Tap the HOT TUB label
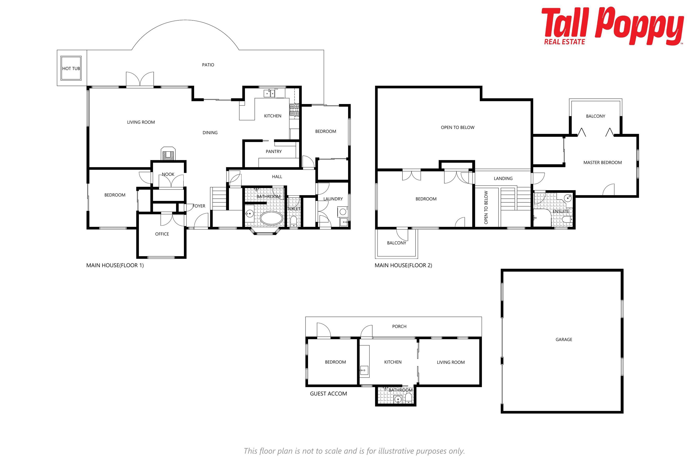pyautogui.click(x=71, y=68)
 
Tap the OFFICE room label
pyautogui.click(x=162, y=234)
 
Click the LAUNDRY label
pyautogui.click(x=333, y=199)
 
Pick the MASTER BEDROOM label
pyautogui.click(x=602, y=162)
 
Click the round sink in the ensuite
pyautogui.click(x=567, y=198)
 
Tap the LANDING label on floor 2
pyautogui.click(x=503, y=178)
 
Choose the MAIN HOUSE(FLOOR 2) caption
pyautogui.click(x=403, y=265)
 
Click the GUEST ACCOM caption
pyautogui.click(x=328, y=393)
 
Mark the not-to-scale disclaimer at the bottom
pyautogui.click(x=354, y=451)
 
